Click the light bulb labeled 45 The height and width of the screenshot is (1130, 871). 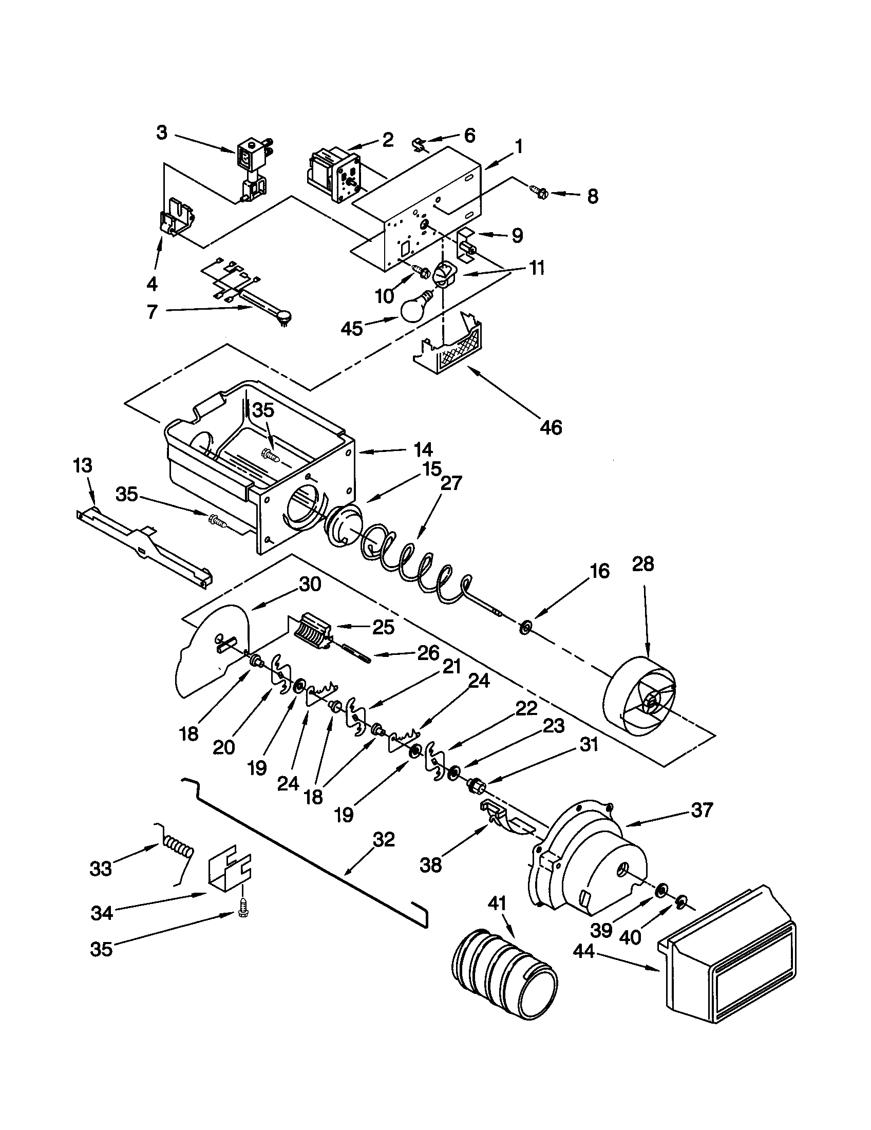coord(416,309)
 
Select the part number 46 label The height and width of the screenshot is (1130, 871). coord(550,427)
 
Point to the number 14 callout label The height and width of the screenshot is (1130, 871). coord(423,449)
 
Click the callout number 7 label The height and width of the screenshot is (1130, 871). coord(152,312)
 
